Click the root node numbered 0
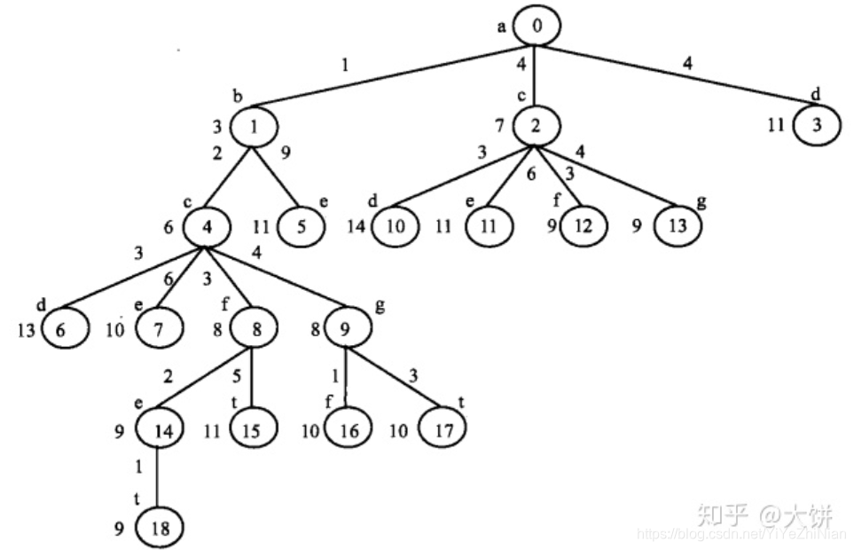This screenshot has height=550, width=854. click(x=537, y=27)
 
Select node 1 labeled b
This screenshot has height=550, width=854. click(x=255, y=126)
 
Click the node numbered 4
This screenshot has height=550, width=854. click(x=208, y=226)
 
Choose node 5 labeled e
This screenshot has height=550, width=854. click(x=302, y=225)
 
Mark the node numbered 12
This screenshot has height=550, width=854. click(x=584, y=225)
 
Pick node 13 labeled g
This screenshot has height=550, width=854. click(x=678, y=225)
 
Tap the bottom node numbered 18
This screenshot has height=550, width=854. click(x=160, y=529)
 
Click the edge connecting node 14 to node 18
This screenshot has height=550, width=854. click(x=159, y=479)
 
